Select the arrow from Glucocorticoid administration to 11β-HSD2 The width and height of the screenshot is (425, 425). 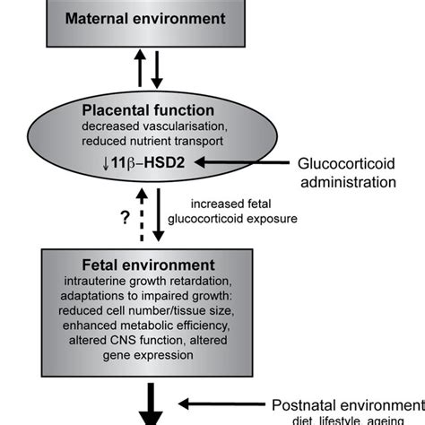pyautogui.click(x=242, y=162)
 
